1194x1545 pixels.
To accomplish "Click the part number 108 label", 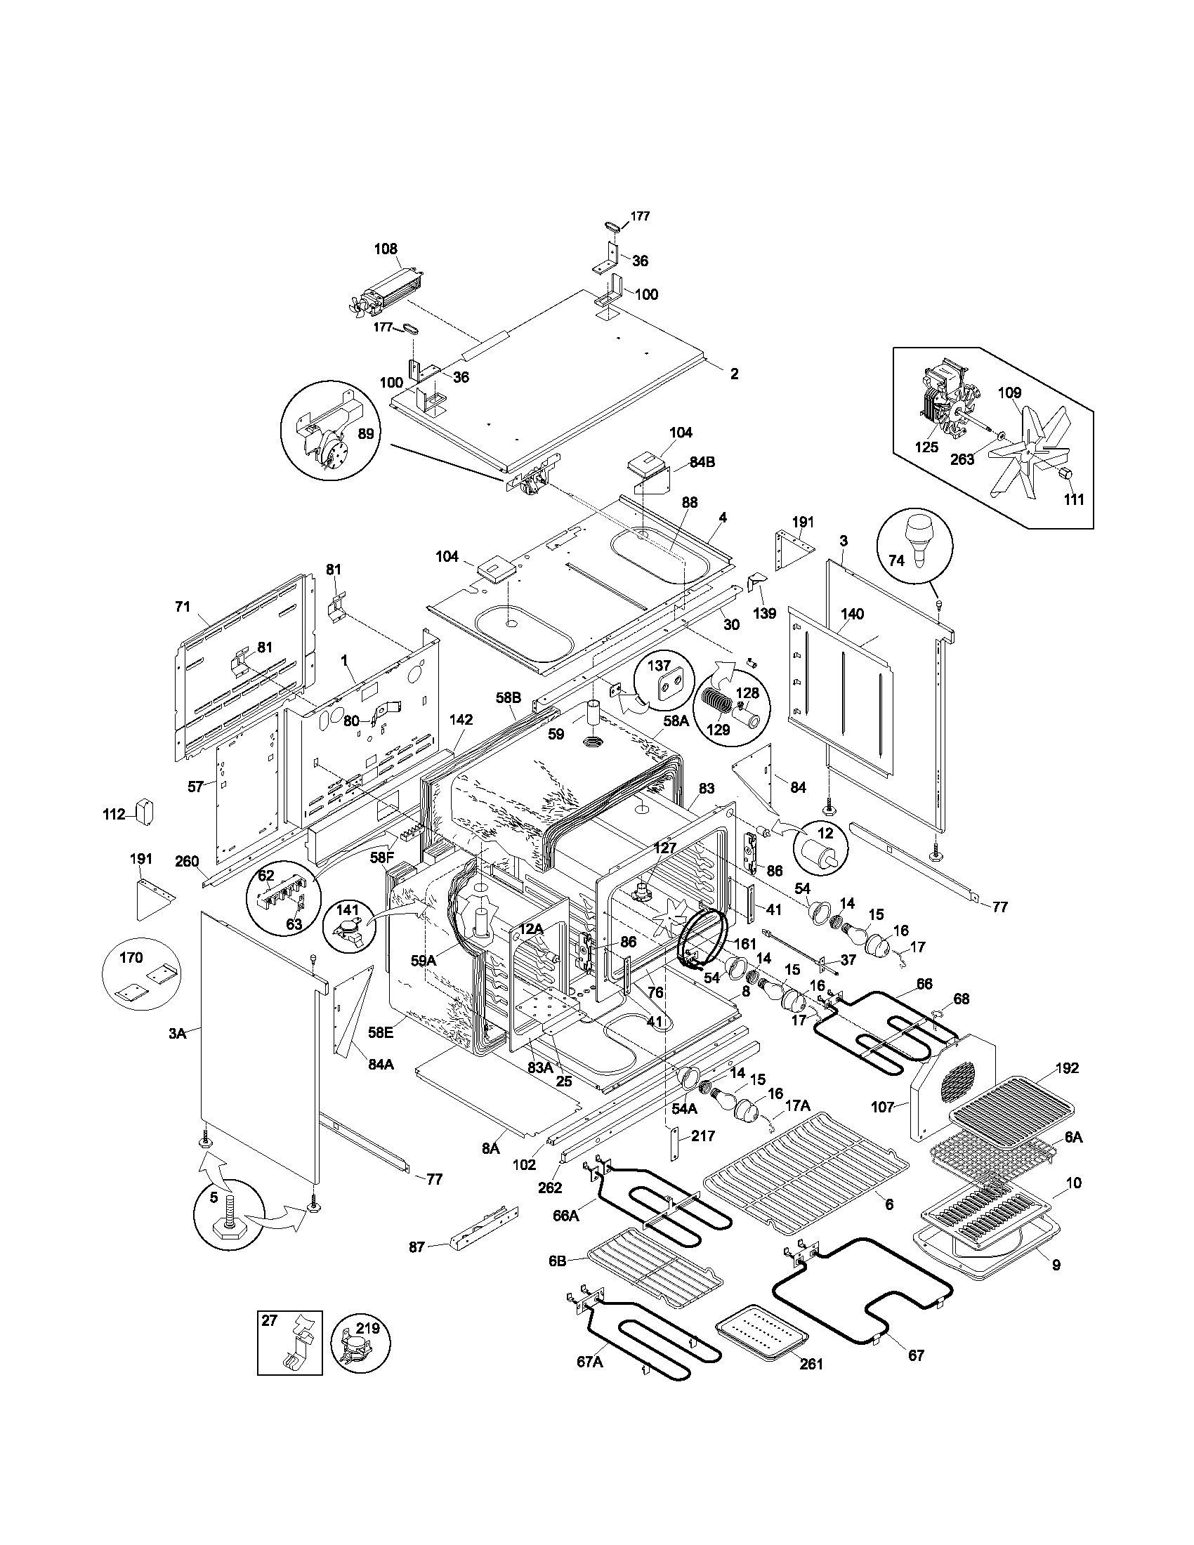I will [x=386, y=249].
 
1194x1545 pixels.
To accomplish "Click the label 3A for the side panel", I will [x=177, y=1034].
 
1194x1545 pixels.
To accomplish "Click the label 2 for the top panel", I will [x=734, y=374].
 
